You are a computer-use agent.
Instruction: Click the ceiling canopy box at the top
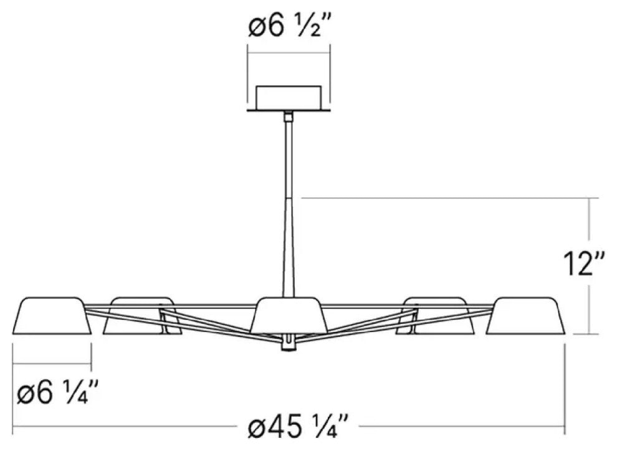(289, 98)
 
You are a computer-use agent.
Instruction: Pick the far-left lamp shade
(52, 316)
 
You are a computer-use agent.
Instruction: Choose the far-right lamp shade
(525, 316)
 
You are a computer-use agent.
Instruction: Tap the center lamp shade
(289, 315)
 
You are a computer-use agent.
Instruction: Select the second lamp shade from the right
(435, 316)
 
